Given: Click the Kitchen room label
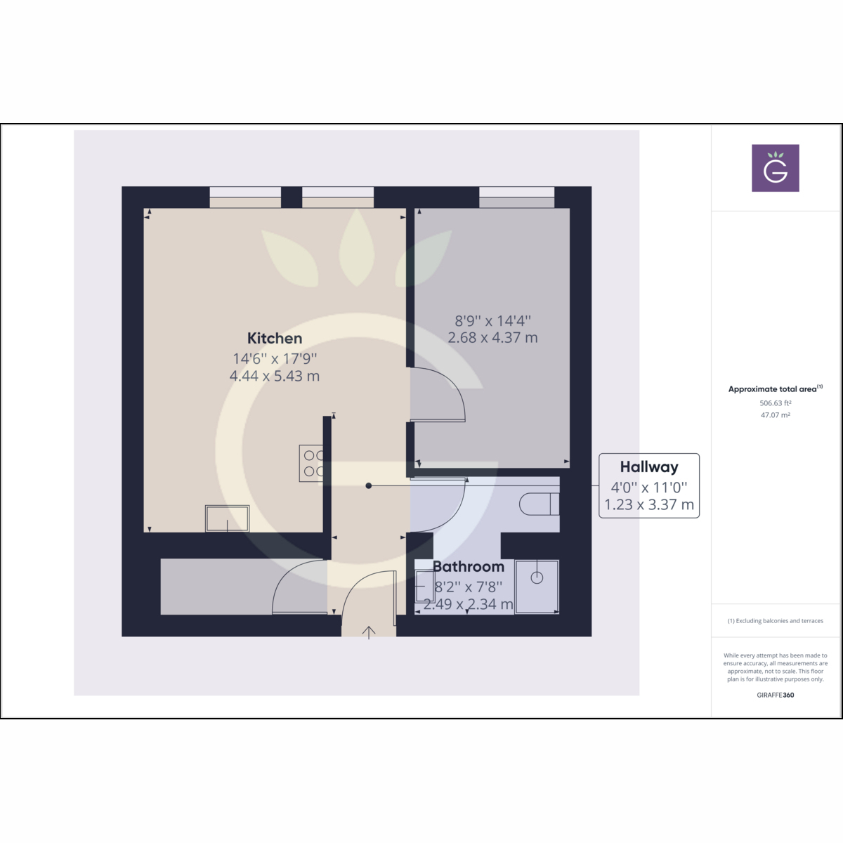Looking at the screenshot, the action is click(x=274, y=339).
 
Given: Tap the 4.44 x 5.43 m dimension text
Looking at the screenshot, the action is click(x=274, y=376).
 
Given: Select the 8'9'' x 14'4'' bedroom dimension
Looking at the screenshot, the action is click(x=492, y=320).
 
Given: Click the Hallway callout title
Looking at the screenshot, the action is click(x=649, y=467).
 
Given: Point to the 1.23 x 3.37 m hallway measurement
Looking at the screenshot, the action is click(x=649, y=504).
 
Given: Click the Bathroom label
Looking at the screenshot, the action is click(x=468, y=566).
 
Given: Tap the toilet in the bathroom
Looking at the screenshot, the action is click(x=539, y=504).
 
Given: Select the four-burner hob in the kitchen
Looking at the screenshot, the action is click(x=311, y=463).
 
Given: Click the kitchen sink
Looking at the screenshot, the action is click(x=227, y=519).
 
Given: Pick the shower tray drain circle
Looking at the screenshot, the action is click(x=537, y=578).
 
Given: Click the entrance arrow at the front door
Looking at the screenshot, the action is click(x=369, y=632).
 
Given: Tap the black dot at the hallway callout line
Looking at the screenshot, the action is click(x=369, y=485).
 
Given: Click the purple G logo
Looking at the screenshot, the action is click(x=775, y=168).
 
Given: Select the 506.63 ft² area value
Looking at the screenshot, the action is click(x=775, y=403).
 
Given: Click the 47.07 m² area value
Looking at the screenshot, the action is click(x=775, y=414).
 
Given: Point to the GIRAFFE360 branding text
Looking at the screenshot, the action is click(x=775, y=695).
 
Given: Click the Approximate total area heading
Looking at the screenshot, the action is click(x=773, y=389).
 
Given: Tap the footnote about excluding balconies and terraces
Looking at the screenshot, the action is click(x=775, y=621).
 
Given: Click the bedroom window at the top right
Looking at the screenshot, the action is click(x=516, y=197).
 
